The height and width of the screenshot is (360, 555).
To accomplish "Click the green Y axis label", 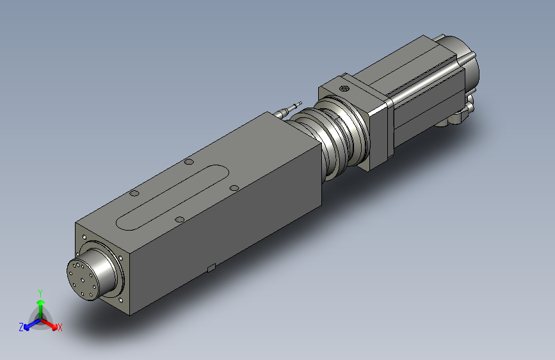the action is pyautogui.click(x=40, y=293).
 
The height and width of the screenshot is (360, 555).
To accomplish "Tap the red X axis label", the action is pyautogui.click(x=60, y=327).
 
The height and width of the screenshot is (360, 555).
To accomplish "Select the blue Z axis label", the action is pyautogui.click(x=21, y=327).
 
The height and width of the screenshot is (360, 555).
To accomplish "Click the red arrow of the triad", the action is pyautogui.click(x=49, y=324).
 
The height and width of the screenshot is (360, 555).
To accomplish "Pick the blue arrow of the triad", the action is pyautogui.click(x=32, y=324).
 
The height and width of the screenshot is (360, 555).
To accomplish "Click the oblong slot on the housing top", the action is pyautogui.click(x=172, y=197).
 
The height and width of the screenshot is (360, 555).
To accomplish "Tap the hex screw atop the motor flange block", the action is pyautogui.click(x=344, y=88).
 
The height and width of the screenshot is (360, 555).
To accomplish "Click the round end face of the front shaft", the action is pyautogui.click(x=83, y=279).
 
